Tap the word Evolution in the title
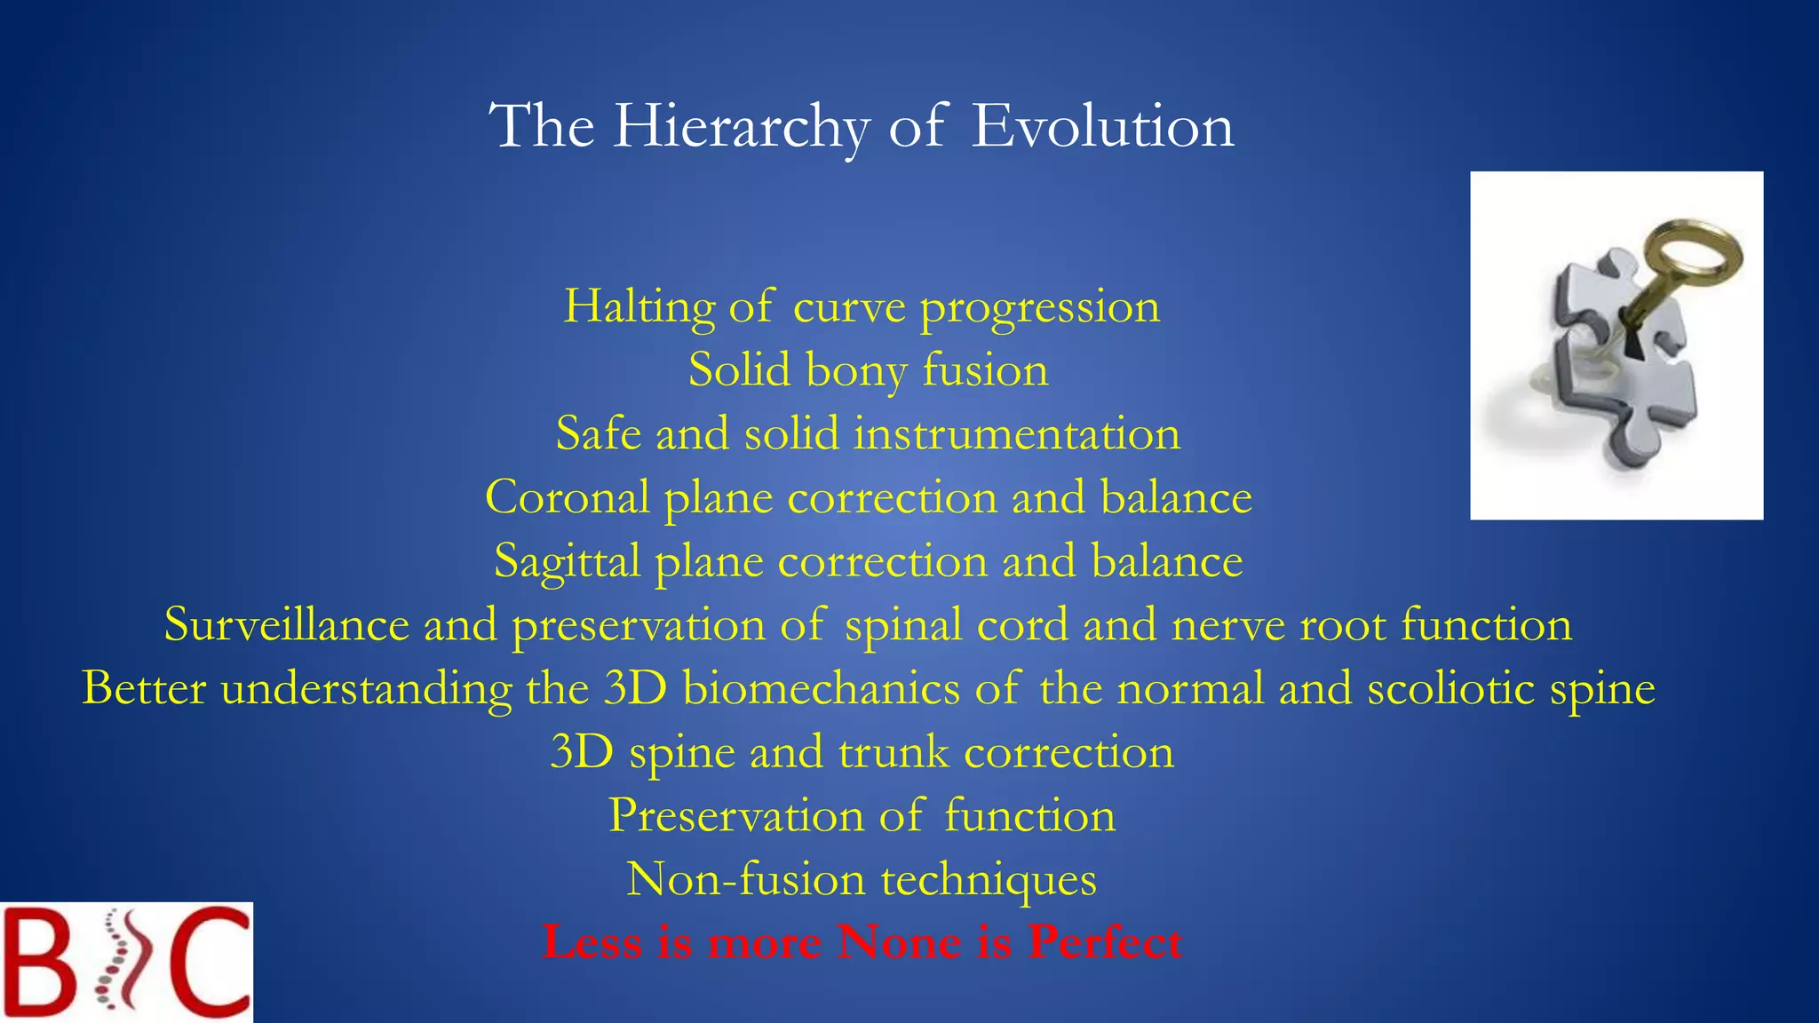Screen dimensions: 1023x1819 click(1102, 126)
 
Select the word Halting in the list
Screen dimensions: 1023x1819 click(639, 307)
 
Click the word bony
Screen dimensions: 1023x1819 click(856, 370)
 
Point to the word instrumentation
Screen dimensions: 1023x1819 click(1017, 434)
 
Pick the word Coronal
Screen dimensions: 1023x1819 click(567, 497)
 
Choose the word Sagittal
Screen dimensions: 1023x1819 click(567, 561)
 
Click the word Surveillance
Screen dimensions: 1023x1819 click(286, 624)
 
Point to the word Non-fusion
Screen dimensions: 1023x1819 click(746, 879)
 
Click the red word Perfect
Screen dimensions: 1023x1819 click(1105, 942)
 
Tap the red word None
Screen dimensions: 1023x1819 click(899, 942)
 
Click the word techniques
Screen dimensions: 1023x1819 click(989, 879)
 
